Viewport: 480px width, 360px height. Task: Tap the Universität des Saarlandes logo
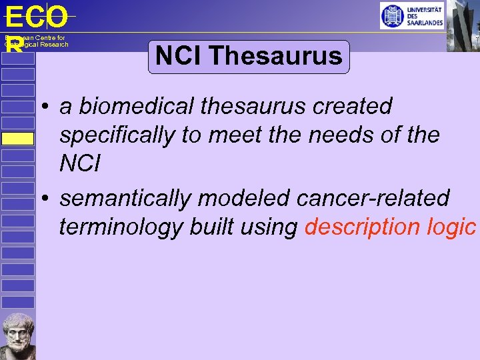coord(411,15)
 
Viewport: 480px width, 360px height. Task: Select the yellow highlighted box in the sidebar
coord(17,139)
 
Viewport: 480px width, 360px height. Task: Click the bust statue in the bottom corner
coord(18,336)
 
